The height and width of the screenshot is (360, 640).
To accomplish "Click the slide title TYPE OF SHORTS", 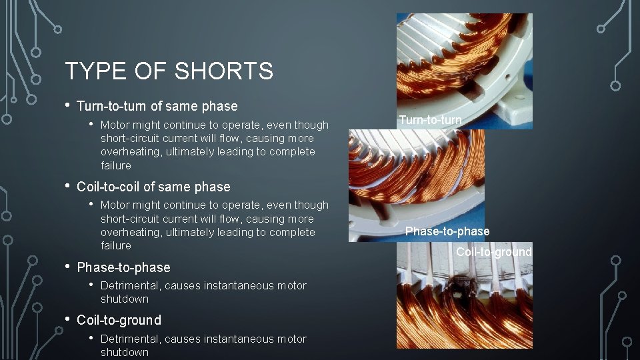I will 169,71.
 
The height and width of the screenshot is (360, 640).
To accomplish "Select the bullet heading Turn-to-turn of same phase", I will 157,106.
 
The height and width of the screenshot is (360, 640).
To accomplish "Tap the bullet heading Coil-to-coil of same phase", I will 154,187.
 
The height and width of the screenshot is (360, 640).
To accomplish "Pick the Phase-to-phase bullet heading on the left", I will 124,267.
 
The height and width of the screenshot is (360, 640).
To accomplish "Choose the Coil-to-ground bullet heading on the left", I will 119,320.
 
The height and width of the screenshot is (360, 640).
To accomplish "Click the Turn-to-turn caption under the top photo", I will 430,120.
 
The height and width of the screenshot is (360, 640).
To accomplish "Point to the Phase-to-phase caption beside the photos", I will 447,231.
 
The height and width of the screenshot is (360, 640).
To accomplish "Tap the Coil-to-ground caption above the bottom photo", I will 494,252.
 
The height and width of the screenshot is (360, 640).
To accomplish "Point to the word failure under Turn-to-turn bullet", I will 116,165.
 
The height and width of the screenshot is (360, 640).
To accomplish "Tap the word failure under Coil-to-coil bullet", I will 116,245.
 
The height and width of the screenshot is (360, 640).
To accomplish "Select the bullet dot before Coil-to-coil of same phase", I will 68,186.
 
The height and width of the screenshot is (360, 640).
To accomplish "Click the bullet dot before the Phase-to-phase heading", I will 68,267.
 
